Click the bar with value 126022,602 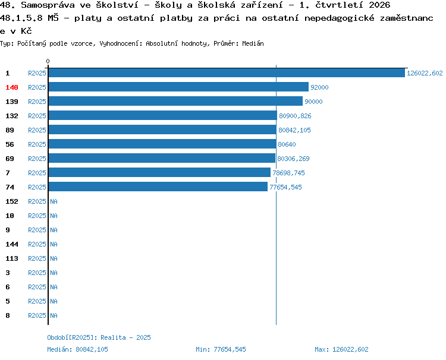(227, 73)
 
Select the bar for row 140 (178, 87)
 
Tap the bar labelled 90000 (175, 101)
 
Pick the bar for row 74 (158, 187)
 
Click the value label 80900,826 (295, 116)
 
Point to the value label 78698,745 (288, 173)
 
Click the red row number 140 (12, 87)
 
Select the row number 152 (12, 201)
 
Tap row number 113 (12, 258)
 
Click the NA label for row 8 (54, 315)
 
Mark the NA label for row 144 (54, 244)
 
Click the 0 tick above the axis (48, 61)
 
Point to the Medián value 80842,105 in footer (92, 349)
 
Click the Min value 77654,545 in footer (230, 349)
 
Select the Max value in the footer (350, 349)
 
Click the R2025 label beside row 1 (37, 73)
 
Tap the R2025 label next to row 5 (37, 301)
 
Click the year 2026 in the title (379, 5)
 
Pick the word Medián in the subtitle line (253, 43)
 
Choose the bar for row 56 (162, 144)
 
